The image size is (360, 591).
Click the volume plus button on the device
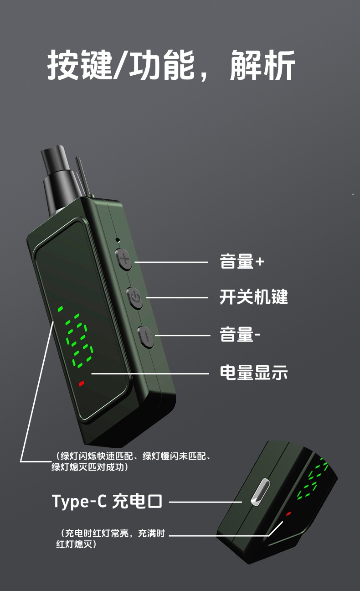pyautogui.click(x=123, y=259)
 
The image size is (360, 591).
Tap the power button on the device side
pyautogui.click(x=134, y=298)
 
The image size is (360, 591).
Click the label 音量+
pyautogui.click(x=242, y=261)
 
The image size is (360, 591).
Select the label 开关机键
pyautogui.click(x=253, y=297)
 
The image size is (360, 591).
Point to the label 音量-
pyautogui.click(x=240, y=334)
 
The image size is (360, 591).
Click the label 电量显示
pyautogui.click(x=253, y=373)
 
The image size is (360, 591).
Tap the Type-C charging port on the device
pyautogui.click(x=260, y=492)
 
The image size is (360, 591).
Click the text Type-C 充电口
pyautogui.click(x=107, y=502)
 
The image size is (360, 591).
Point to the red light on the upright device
pyautogui.click(x=82, y=384)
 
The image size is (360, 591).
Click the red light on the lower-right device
pyautogui.click(x=288, y=513)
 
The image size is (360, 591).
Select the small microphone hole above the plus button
pyautogui.click(x=118, y=240)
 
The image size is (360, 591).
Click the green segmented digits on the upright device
pyautogui.click(x=76, y=337)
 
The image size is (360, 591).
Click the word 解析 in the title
pyautogui.click(x=262, y=65)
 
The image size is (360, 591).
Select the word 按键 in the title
pyautogui.click(x=80, y=65)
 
